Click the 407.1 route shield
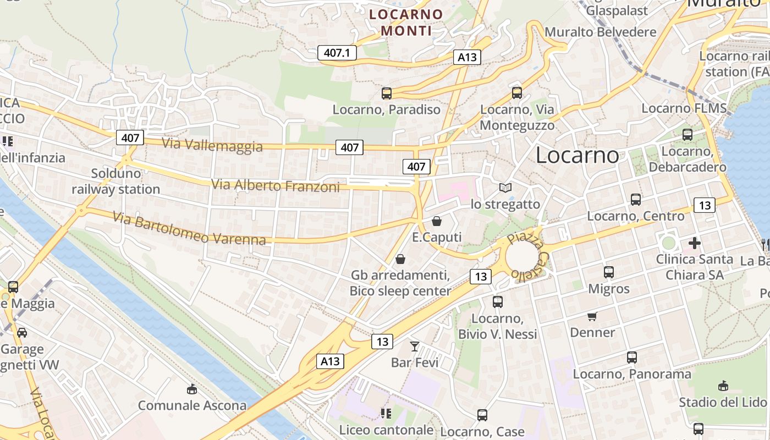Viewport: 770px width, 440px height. [x=337, y=53]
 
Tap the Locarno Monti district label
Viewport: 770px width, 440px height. [x=406, y=23]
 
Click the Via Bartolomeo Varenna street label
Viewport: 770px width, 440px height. [x=190, y=228]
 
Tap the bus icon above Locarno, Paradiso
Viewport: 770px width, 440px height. [x=387, y=94]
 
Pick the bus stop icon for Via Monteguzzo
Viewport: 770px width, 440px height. [x=517, y=93]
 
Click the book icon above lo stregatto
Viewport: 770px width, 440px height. [x=505, y=188]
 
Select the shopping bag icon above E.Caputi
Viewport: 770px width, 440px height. [x=437, y=221]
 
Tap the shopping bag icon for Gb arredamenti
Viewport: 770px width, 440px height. [x=400, y=259]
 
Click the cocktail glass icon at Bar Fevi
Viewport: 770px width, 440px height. [x=415, y=346]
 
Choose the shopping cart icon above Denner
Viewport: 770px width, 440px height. [x=592, y=316]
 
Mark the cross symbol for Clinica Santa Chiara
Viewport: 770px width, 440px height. [x=695, y=243]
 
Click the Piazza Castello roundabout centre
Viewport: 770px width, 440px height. [x=521, y=256]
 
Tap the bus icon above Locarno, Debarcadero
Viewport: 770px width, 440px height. [x=687, y=135]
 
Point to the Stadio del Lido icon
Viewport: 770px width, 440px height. [x=723, y=386]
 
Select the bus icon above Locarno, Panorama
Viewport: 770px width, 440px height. [x=632, y=358]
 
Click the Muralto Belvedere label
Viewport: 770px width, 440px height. [x=601, y=32]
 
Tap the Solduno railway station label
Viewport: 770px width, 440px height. [x=116, y=182]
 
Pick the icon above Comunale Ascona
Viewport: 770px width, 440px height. [x=192, y=389]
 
